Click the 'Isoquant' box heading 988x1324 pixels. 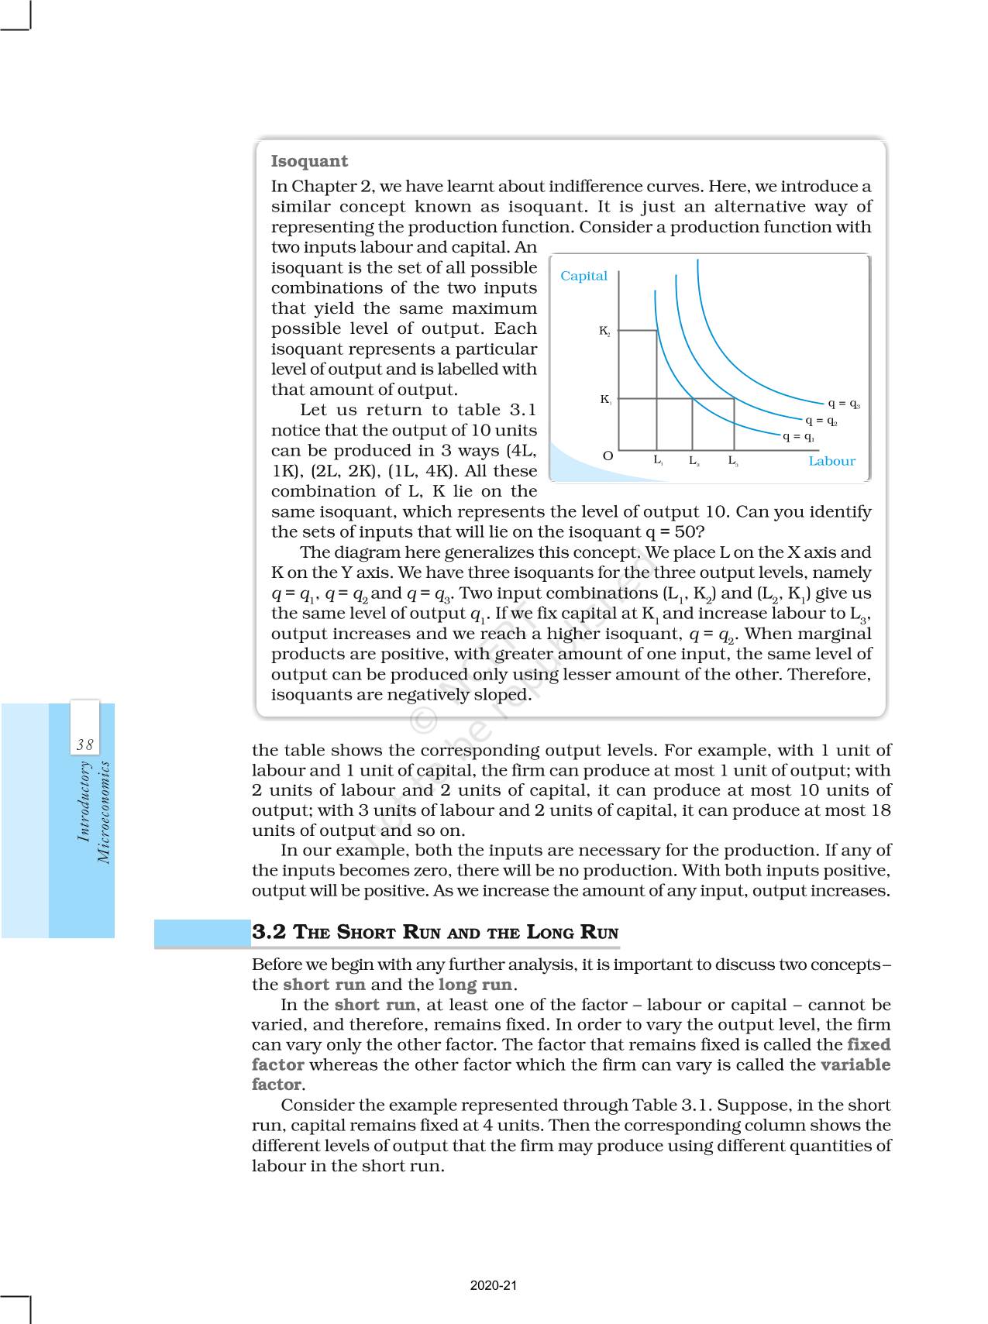309,161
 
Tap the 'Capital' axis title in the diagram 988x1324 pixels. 584,276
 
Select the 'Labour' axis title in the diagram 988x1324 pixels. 831,461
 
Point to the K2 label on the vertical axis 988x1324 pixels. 604,331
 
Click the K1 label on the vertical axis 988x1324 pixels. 605,400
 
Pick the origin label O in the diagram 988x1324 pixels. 608,456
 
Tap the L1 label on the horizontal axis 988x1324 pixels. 657,460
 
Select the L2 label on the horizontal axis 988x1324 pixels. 694,461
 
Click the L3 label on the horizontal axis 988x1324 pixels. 732,461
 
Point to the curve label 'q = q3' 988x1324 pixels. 844,403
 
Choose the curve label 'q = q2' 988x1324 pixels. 821,421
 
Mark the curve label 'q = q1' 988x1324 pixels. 797,437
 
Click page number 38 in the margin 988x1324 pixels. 84,745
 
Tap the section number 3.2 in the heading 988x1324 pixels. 268,932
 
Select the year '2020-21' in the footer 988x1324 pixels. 494,1285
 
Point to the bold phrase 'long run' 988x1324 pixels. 474,985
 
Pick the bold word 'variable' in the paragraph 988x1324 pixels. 855,1064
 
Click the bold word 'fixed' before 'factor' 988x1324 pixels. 869,1044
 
